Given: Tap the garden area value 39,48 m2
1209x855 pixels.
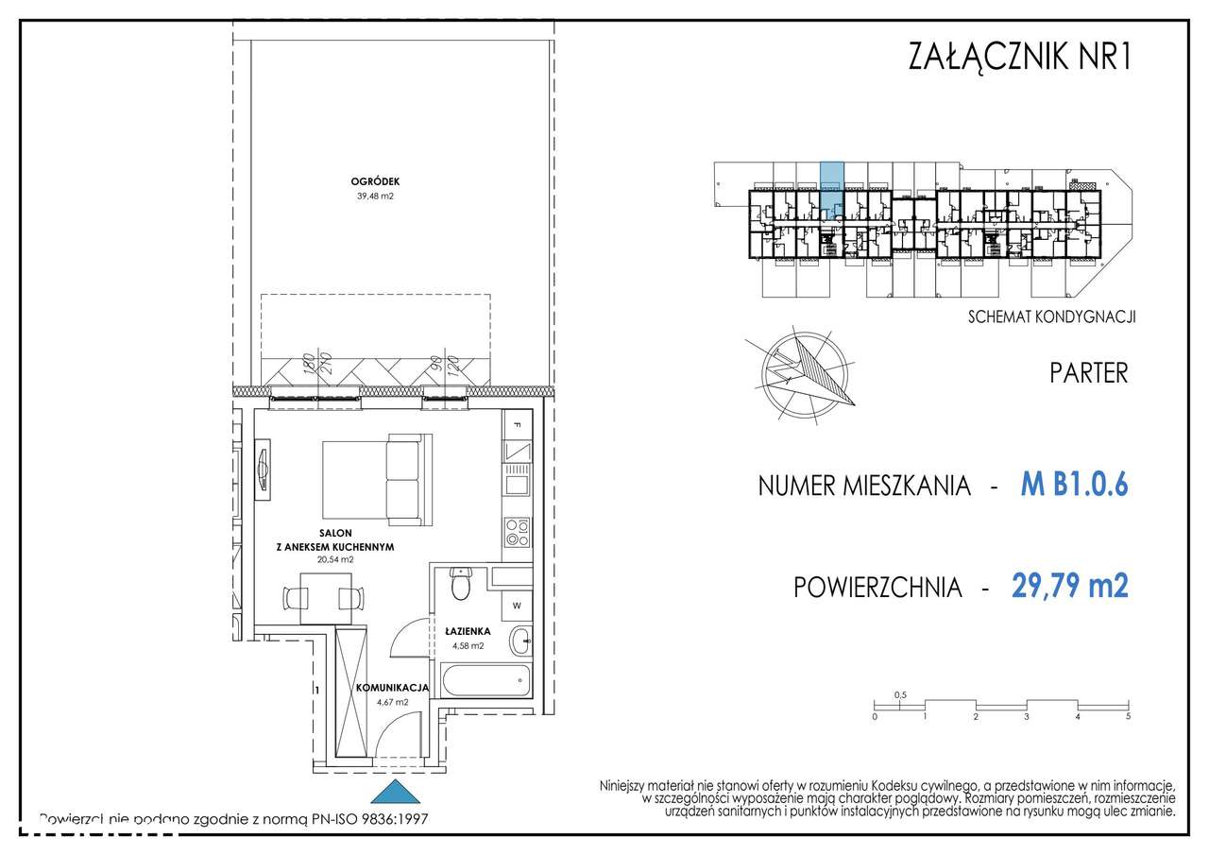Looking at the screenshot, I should point(375,197).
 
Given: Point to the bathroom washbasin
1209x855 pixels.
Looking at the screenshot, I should point(520,641).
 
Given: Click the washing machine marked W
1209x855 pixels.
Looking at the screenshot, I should point(518,605).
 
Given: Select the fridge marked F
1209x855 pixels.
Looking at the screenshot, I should point(517,426).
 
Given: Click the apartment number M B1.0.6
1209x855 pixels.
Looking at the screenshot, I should point(1074,485).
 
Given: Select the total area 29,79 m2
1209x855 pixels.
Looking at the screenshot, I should point(1069,587).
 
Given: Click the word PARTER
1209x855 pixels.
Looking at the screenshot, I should point(1088,372).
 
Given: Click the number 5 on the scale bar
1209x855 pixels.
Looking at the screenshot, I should point(1128,717).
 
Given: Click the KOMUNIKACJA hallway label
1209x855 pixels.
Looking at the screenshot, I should point(393,688).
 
